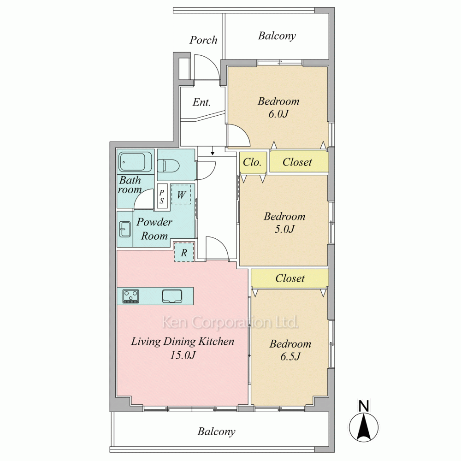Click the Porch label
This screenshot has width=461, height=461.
[x=203, y=40]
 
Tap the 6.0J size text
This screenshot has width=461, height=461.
[x=278, y=114]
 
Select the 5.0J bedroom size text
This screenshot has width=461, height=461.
[x=284, y=229]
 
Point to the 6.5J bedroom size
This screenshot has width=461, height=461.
[x=290, y=357]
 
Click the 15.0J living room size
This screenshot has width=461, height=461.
[x=183, y=355]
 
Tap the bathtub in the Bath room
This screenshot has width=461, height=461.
[x=135, y=162]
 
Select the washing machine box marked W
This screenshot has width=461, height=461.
[x=181, y=195]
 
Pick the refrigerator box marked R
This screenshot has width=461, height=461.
[x=184, y=252]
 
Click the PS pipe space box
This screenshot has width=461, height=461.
[x=162, y=196]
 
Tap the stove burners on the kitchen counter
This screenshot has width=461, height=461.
[x=131, y=296]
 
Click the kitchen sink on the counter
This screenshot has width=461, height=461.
[x=172, y=296]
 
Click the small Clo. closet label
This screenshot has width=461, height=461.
[x=252, y=162]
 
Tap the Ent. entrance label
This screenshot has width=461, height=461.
[x=202, y=102]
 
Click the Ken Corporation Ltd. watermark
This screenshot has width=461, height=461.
[x=230, y=322]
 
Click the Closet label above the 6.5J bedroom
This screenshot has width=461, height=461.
[x=290, y=278]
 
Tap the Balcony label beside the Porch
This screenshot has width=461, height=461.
[x=277, y=36]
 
